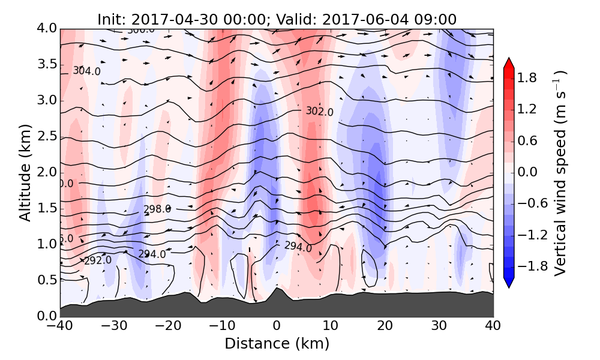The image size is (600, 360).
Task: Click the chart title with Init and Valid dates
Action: pos(277,19)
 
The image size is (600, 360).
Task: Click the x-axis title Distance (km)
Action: pos(277,344)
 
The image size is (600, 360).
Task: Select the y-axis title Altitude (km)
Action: pos(25,172)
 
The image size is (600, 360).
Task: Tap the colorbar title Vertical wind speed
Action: pos(560,173)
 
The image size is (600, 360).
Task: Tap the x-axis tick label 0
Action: pos(277,326)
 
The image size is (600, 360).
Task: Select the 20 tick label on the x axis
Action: pos(385,326)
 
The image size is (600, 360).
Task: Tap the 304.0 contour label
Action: pos(86,71)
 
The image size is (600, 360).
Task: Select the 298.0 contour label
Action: pos(157,209)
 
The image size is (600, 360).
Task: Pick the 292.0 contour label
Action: pos(97,260)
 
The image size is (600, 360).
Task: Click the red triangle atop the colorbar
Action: pos(509,63)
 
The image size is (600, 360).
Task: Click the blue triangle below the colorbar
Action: pos(509,283)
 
